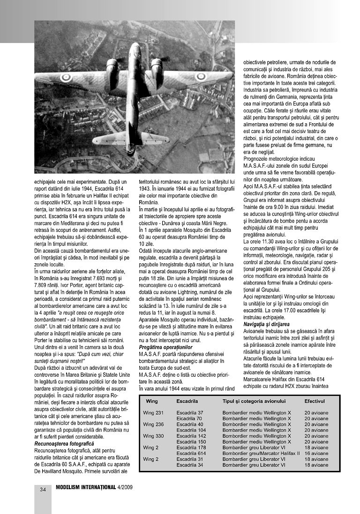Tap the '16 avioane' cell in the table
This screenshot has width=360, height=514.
(x=316, y=454)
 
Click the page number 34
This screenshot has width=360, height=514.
(x=43, y=489)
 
